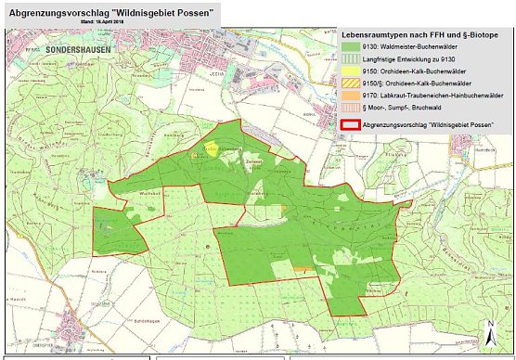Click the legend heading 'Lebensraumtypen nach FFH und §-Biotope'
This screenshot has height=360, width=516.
pyautogui.click(x=419, y=34)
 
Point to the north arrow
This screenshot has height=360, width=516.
pyautogui.click(x=490, y=332)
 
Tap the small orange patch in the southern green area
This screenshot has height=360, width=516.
pyautogui.click(x=301, y=269)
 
